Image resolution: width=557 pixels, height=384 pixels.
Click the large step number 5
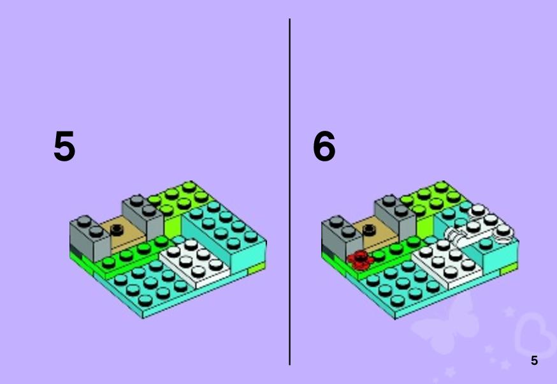(x=64, y=146)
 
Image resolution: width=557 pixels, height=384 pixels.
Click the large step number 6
(x=324, y=146)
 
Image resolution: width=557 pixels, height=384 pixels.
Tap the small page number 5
(x=534, y=360)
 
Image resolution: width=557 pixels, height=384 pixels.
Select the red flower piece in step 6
(x=361, y=260)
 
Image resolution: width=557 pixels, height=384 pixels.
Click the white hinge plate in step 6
(x=479, y=226)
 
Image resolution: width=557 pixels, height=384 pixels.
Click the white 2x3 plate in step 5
(x=194, y=262)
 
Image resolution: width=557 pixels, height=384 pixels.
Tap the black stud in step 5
(x=117, y=230)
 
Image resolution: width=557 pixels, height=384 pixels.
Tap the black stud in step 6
(x=369, y=230)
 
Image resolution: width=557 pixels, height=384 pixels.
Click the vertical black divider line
(x=289, y=192)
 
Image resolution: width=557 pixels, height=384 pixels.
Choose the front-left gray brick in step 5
(x=90, y=237)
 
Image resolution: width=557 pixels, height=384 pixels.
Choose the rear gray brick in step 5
(x=143, y=216)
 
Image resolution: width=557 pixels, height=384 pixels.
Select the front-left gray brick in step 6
(x=342, y=237)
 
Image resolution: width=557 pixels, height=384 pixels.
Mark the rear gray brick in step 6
(x=395, y=216)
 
